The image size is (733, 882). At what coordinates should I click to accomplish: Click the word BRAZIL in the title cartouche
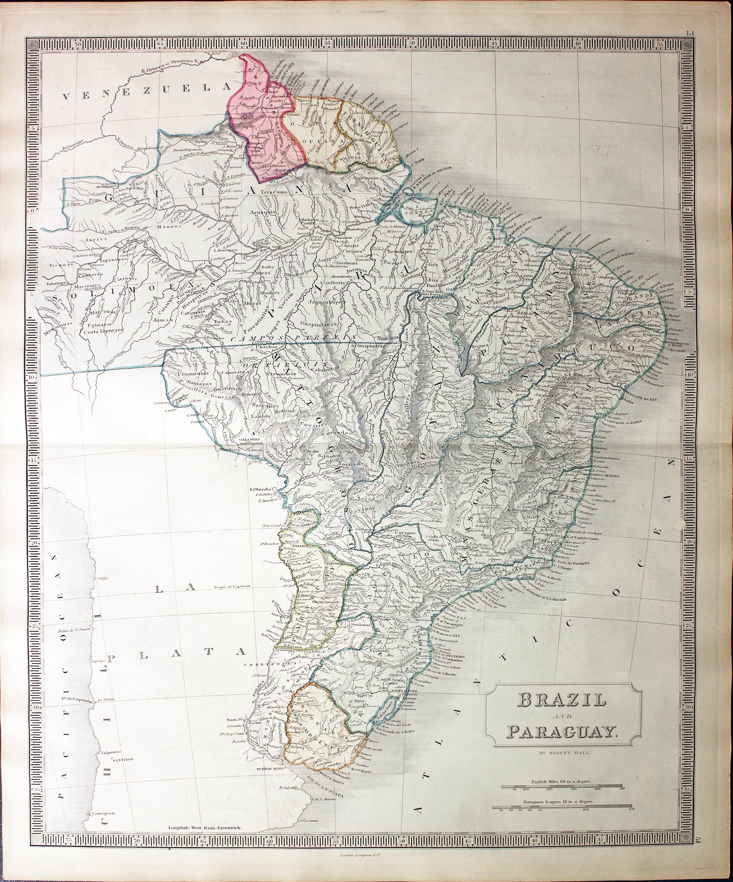[x=562, y=699]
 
